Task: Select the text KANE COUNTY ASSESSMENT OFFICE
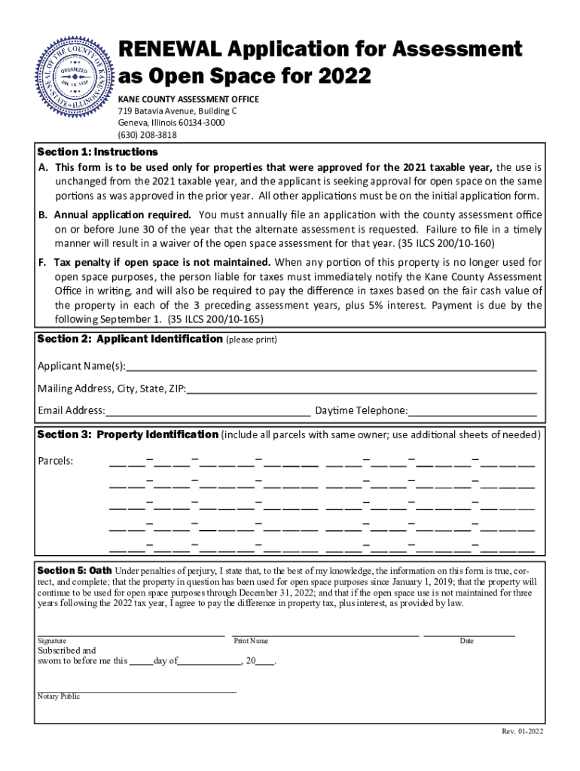(x=188, y=99)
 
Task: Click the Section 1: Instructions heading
(x=98, y=152)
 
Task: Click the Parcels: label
(x=56, y=461)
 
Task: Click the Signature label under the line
(x=52, y=641)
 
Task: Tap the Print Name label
(x=251, y=641)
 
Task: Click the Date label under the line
(x=467, y=641)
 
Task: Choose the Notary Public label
(x=59, y=696)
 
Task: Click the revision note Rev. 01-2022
(x=523, y=732)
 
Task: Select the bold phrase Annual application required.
(x=122, y=215)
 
